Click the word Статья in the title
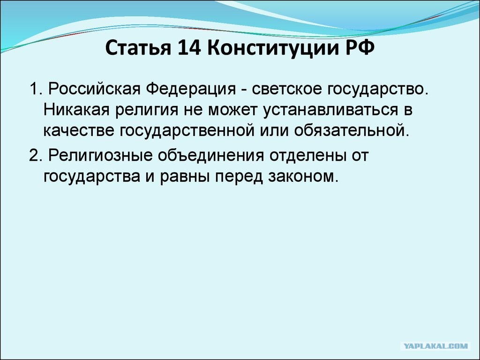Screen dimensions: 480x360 click(138, 48)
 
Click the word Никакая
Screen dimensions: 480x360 click(76, 110)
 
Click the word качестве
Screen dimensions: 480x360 click(79, 131)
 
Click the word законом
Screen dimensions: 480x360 click(303, 176)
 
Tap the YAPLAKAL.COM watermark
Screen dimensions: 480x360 click(435, 346)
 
